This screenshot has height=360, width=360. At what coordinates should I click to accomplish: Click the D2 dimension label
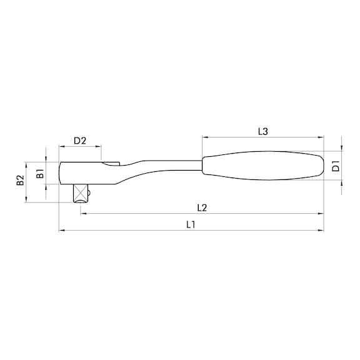point(79,141)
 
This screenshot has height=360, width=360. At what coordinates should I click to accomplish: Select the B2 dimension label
point(20,181)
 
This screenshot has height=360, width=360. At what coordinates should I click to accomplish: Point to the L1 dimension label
point(192,225)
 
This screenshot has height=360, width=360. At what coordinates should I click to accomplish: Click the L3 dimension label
point(263,131)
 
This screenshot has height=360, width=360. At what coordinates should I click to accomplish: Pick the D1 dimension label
point(335,166)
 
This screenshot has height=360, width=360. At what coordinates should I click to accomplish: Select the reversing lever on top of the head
point(111,164)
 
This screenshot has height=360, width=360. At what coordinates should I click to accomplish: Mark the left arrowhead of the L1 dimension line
point(61,231)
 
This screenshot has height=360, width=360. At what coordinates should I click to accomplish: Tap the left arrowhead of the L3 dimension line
point(204,137)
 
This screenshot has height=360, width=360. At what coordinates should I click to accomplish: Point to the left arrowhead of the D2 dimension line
point(61,147)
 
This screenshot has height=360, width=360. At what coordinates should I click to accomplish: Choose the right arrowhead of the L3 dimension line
point(323,137)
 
